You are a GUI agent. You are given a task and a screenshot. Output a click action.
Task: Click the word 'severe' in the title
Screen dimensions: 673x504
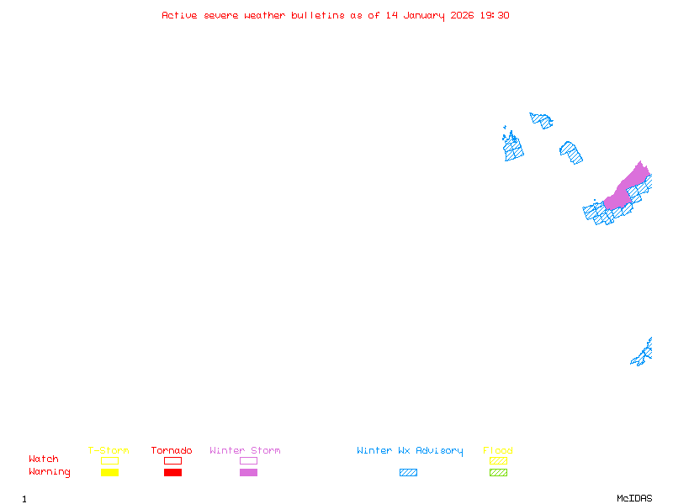221,15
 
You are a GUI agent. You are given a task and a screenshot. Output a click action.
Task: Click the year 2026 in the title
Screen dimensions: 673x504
462,15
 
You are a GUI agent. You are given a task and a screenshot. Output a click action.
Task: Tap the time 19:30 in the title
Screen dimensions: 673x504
495,15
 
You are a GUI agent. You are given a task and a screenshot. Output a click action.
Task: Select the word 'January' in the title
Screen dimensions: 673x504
424,16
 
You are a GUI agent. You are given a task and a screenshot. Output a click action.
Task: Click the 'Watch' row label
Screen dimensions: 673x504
44,459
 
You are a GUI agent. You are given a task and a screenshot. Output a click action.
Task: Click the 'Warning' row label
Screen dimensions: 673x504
50,472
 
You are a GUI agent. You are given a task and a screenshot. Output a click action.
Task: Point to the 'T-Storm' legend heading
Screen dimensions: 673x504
109,450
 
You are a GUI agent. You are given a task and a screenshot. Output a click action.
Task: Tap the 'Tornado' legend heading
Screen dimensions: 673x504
172,450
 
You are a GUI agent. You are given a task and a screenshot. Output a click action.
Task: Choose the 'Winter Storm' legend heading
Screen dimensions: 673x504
245,450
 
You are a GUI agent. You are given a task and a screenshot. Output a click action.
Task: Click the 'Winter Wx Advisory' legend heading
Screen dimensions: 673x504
410,451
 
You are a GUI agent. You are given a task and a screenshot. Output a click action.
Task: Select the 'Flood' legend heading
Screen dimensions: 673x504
498,450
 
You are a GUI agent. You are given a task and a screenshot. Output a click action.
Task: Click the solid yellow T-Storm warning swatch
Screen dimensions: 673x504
110,472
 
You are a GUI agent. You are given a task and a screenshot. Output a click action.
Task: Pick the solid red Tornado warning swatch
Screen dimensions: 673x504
173,472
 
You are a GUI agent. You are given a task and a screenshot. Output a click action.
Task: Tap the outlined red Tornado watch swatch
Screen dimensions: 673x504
173,460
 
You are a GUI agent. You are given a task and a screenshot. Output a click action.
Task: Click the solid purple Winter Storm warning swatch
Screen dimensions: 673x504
248,472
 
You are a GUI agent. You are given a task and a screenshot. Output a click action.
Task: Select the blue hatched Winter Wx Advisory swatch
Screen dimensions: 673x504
408,472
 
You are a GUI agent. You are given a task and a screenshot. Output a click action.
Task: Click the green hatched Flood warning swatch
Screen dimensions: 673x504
498,472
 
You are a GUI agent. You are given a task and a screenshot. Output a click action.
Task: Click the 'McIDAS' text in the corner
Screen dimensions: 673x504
634,498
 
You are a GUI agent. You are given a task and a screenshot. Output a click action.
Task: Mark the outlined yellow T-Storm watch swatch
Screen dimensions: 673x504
110,460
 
